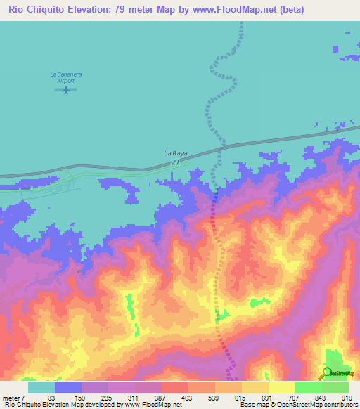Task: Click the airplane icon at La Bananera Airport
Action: click(x=67, y=89)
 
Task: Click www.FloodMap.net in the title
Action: click(x=262, y=10)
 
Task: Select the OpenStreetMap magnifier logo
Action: click(x=328, y=372)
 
